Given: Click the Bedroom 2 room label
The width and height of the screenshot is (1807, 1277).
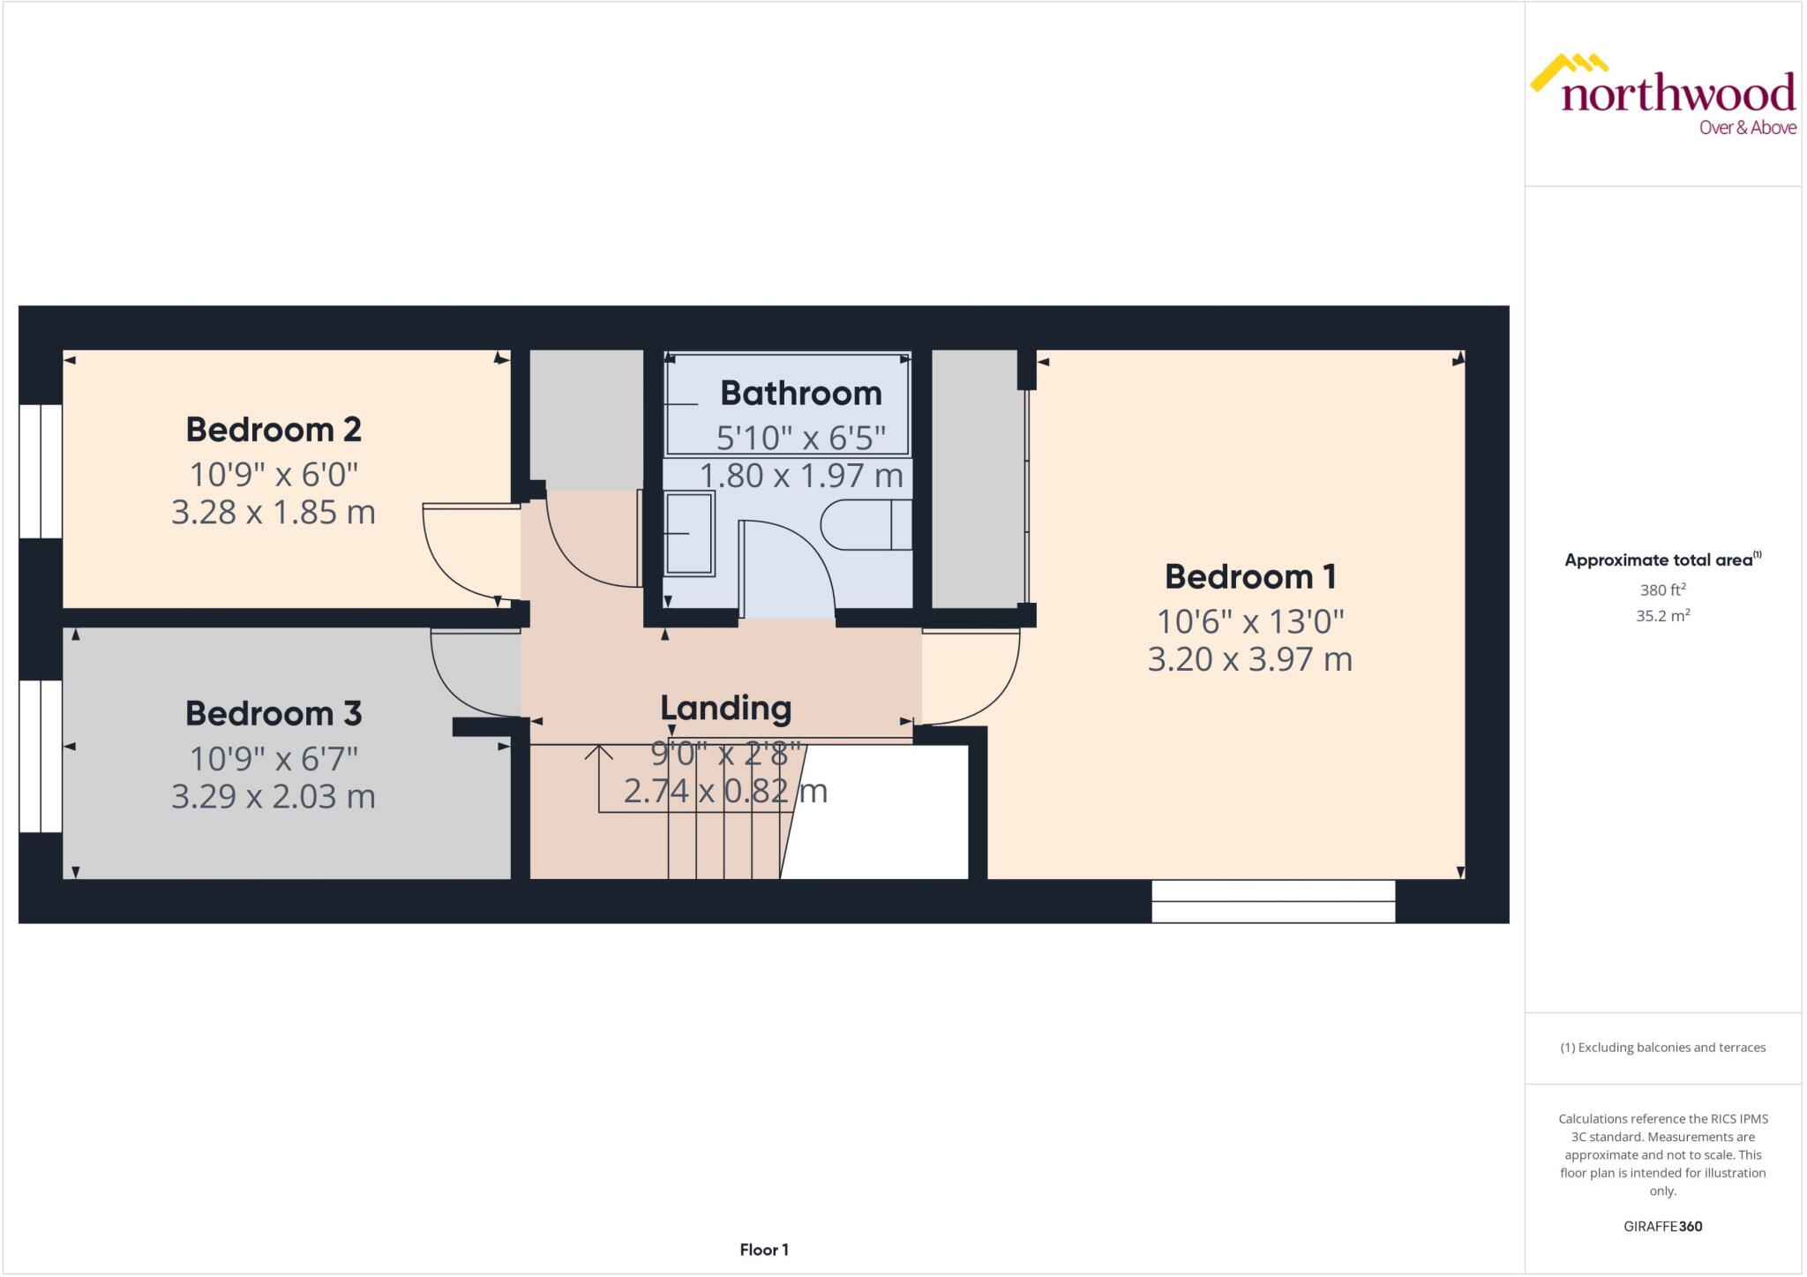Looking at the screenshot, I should click(274, 430).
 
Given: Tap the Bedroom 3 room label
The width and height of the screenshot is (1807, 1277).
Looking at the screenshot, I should click(274, 714).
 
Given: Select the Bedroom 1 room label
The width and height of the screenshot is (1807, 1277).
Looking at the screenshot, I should click(1250, 577).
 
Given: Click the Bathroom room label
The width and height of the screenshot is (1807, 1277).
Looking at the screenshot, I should click(800, 394).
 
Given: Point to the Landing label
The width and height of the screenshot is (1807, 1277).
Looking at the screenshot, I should click(725, 709).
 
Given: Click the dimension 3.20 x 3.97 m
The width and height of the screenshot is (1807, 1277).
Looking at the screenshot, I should click(1250, 659).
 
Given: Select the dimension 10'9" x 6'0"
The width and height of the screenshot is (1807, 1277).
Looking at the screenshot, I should click(274, 475).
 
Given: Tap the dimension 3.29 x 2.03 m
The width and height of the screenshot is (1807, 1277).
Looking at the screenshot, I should click(274, 797).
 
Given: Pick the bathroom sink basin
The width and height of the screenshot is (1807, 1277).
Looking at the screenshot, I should click(689, 534).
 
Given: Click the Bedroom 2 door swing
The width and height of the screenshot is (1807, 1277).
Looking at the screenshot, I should click(468, 552).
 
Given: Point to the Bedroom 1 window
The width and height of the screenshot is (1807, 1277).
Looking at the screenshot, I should click(1272, 902).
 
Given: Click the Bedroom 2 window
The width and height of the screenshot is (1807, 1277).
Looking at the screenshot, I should click(41, 471).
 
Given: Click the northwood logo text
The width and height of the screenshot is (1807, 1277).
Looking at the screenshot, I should click(1676, 94).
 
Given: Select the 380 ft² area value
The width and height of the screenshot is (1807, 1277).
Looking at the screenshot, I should click(1662, 590).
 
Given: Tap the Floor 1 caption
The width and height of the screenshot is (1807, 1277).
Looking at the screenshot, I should click(764, 1250).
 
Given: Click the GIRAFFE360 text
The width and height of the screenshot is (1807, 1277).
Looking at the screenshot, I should click(1662, 1226).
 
